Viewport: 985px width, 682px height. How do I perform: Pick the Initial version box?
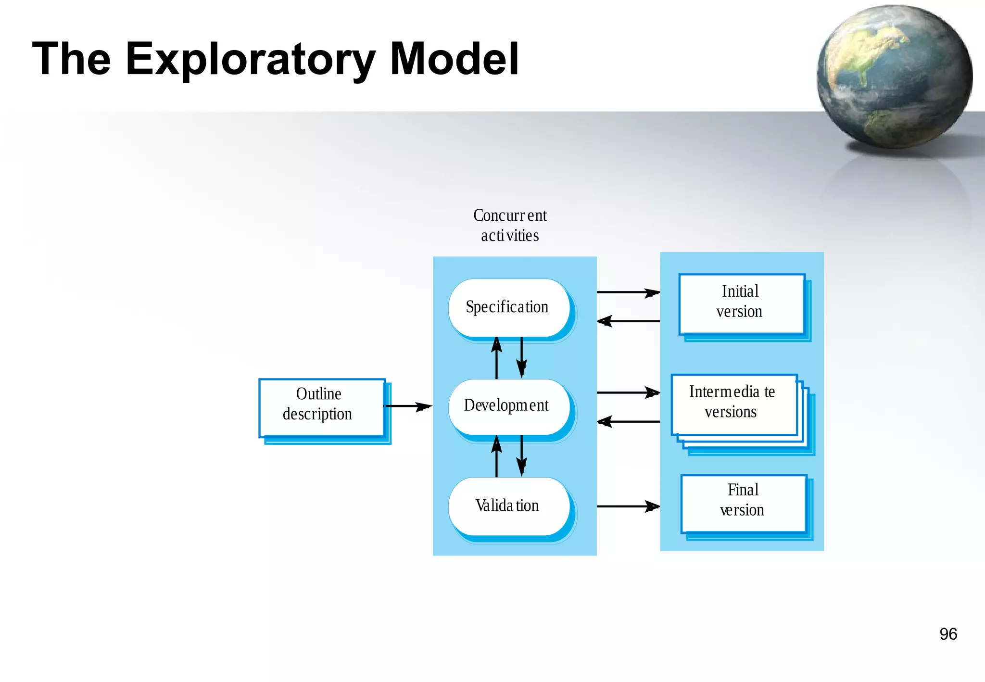tap(741, 303)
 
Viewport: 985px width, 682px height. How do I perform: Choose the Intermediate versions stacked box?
tap(734, 404)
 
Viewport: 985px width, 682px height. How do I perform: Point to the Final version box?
tap(744, 503)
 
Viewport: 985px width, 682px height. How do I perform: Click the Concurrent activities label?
tap(510, 226)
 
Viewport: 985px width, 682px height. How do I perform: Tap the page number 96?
tap(948, 634)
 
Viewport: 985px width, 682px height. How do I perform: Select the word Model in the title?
tap(454, 59)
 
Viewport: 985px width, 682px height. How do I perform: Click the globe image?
tap(894, 77)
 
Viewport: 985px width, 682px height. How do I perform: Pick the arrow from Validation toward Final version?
tap(628, 506)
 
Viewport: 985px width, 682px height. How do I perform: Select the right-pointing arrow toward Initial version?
tap(628, 292)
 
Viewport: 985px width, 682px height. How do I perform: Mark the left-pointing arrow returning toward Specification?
tap(628, 321)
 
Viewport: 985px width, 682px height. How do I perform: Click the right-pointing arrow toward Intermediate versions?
tap(628, 392)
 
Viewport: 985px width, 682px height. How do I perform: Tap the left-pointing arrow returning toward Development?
tap(628, 422)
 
